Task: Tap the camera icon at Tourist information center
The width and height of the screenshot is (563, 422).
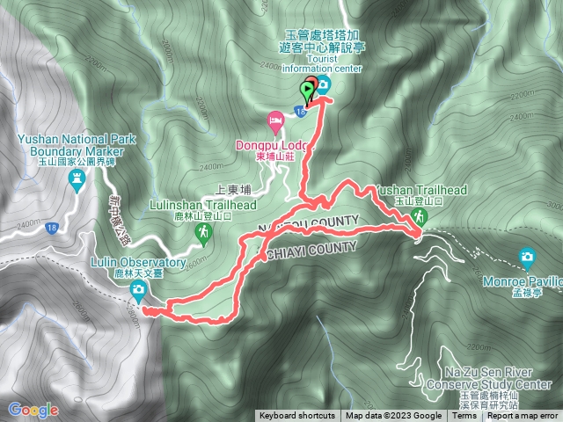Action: click(323, 84)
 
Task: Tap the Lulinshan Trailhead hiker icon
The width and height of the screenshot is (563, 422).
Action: click(204, 230)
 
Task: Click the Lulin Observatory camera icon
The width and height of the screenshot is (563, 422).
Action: click(138, 290)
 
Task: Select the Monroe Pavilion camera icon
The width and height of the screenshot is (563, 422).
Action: click(527, 257)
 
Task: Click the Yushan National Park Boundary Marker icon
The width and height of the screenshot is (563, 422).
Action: click(77, 179)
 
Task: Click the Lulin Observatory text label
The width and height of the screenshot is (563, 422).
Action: click(138, 263)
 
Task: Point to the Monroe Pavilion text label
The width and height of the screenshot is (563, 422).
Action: click(522, 287)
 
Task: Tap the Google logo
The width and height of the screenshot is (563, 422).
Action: click(33, 410)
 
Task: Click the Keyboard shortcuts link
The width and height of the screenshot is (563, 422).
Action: click(297, 416)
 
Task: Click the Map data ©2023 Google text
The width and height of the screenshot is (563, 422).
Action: click(393, 416)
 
